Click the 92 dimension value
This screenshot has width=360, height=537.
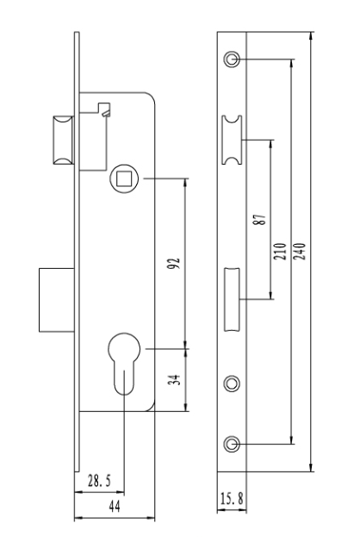[174, 263]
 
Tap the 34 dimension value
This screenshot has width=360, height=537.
[174, 379]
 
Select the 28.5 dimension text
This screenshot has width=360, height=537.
[99, 481]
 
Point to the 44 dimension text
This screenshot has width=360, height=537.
[115, 507]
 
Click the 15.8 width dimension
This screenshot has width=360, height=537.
[232, 498]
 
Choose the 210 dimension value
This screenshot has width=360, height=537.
[280, 251]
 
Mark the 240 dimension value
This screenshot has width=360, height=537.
[300, 251]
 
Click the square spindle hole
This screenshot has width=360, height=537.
[124, 178]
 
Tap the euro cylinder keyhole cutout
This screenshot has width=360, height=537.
[124, 363]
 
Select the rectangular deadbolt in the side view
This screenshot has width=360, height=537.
[57, 300]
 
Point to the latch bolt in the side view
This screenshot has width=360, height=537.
[63, 140]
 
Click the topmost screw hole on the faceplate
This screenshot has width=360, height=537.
[232, 59]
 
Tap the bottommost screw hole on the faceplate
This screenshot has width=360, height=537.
[232, 444]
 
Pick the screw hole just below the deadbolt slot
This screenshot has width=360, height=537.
[232, 384]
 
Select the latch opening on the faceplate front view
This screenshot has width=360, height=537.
[232, 140]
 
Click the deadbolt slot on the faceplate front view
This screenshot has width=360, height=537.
[232, 300]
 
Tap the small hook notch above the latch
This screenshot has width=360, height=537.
[104, 109]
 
